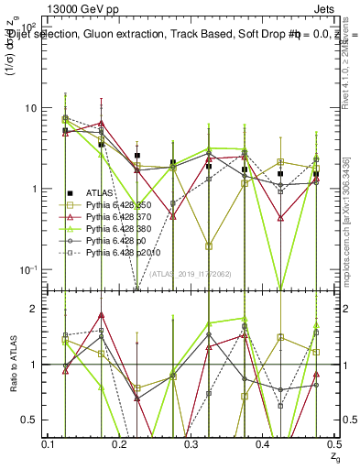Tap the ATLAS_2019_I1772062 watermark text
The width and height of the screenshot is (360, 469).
tap(191, 274)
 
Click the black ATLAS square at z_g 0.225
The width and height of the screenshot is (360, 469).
tap(137, 156)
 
